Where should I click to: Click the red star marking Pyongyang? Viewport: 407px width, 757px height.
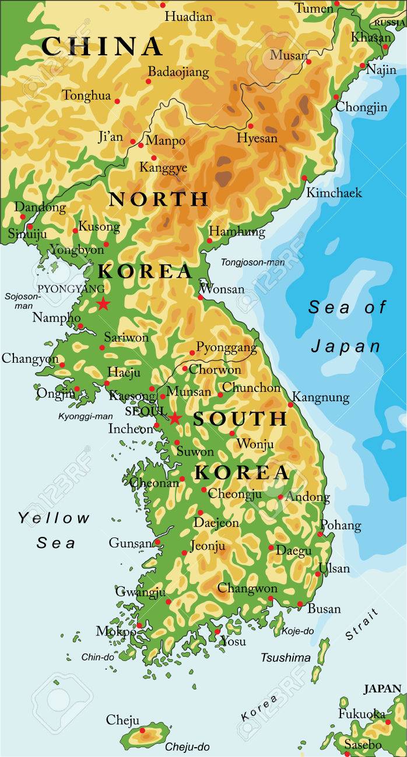point(103,303)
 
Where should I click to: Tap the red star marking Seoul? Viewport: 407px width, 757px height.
point(174,418)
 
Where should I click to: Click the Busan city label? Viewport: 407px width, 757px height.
point(324,609)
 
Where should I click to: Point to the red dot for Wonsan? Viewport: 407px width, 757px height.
point(201,297)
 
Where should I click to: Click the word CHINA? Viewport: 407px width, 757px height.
point(102,47)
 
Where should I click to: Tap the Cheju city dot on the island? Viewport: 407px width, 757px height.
point(142,730)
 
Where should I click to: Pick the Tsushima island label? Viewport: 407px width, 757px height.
point(285,657)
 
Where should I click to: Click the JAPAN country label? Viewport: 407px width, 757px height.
point(383,689)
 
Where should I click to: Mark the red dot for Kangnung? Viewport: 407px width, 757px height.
point(290,405)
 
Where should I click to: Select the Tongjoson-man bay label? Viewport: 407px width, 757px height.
point(252,263)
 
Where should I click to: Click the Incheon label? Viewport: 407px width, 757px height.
point(131,429)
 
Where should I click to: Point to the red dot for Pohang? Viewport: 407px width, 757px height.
point(320,534)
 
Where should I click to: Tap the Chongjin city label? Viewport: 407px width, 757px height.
point(360,107)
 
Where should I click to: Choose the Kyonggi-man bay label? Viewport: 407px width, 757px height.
point(85,416)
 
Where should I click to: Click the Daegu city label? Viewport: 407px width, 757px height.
point(293,550)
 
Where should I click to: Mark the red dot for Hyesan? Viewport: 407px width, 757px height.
point(251,126)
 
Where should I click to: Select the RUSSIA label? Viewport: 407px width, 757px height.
point(390,23)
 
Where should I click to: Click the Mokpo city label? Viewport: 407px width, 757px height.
point(115,631)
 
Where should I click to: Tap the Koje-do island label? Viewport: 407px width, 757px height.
point(297,631)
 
